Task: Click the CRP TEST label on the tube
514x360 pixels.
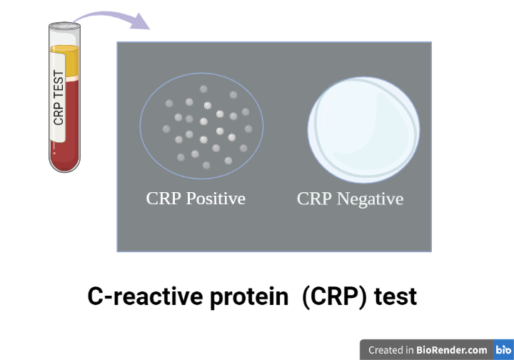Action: [x=59, y=97]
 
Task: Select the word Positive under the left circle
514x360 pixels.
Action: [x=215, y=199]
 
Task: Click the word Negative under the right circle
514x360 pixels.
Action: [x=370, y=199]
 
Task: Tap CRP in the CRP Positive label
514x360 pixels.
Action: [x=163, y=199]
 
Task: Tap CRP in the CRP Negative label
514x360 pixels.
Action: [x=314, y=199]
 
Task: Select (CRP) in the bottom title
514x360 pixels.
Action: [x=334, y=296]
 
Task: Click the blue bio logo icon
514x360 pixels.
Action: [x=503, y=350]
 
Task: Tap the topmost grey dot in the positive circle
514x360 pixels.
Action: [x=203, y=89]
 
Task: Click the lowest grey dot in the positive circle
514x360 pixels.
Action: [x=206, y=165]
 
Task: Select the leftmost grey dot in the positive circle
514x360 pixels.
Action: [x=166, y=129]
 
